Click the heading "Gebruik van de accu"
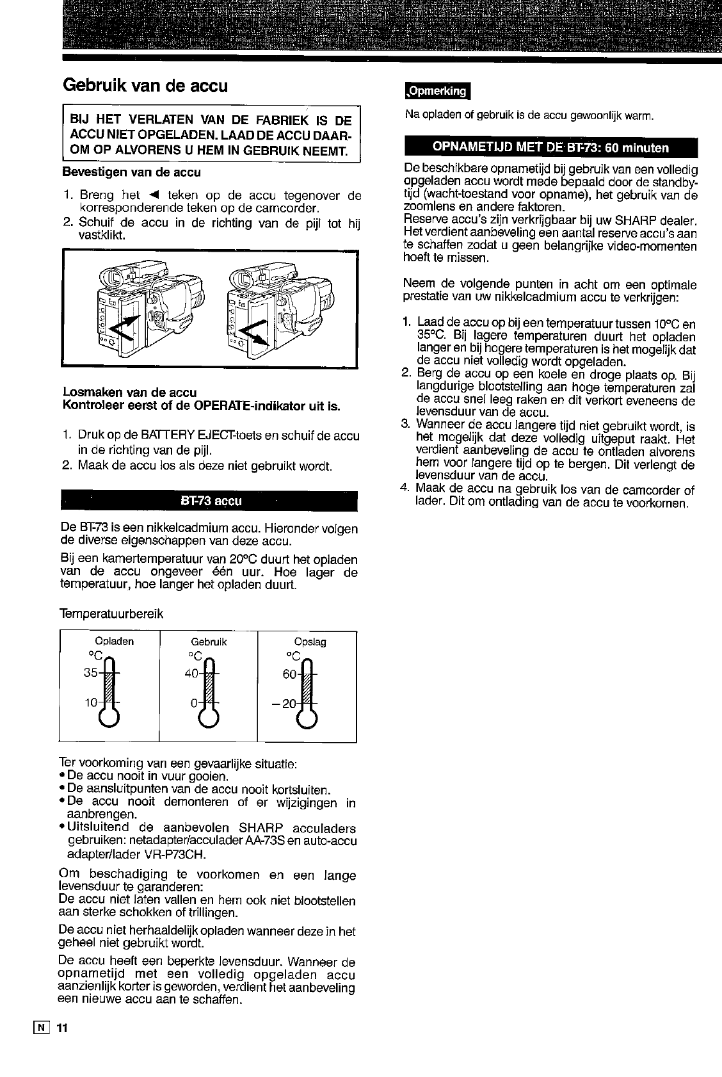(145, 86)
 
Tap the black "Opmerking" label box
(437, 91)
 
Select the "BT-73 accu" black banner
(209, 501)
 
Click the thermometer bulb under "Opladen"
(109, 717)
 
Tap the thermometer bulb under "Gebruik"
(209, 717)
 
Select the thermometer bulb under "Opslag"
(307, 717)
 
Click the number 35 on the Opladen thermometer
(90, 672)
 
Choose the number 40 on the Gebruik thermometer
(191, 674)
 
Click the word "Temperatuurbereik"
(111, 614)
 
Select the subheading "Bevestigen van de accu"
(132, 172)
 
